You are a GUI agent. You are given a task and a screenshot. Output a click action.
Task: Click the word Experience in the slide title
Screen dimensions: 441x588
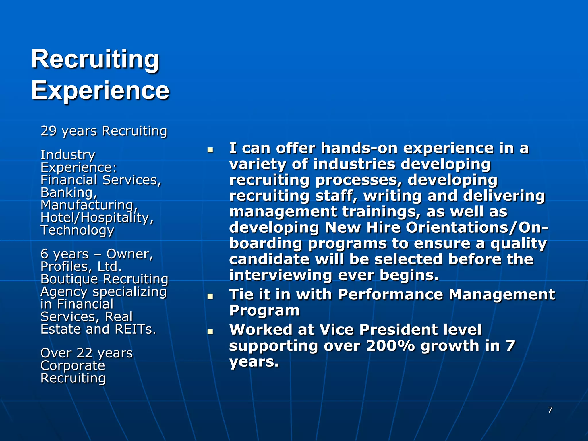(100, 90)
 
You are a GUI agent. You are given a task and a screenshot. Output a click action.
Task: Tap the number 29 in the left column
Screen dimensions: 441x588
(49, 131)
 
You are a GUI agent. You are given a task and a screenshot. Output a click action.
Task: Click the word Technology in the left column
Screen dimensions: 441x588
(77, 230)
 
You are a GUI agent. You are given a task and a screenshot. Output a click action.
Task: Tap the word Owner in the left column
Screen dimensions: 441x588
(130, 254)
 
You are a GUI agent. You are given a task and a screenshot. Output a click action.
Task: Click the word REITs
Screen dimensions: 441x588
(136, 329)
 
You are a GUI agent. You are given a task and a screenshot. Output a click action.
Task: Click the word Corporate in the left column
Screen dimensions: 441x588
(73, 366)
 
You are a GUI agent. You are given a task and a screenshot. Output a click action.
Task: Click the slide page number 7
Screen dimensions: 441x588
(550, 410)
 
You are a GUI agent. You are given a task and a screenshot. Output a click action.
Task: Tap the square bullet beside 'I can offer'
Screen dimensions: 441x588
(210, 150)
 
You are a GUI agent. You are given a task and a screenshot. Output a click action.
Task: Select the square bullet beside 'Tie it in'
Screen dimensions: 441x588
(210, 296)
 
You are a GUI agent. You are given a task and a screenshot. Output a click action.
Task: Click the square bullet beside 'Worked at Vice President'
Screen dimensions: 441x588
(210, 331)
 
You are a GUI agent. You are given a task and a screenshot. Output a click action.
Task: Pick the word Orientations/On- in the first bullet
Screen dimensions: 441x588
(477, 228)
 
